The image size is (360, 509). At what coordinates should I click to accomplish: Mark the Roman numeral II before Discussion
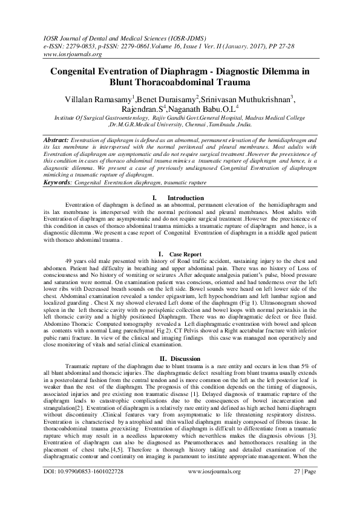[x=157, y=358]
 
